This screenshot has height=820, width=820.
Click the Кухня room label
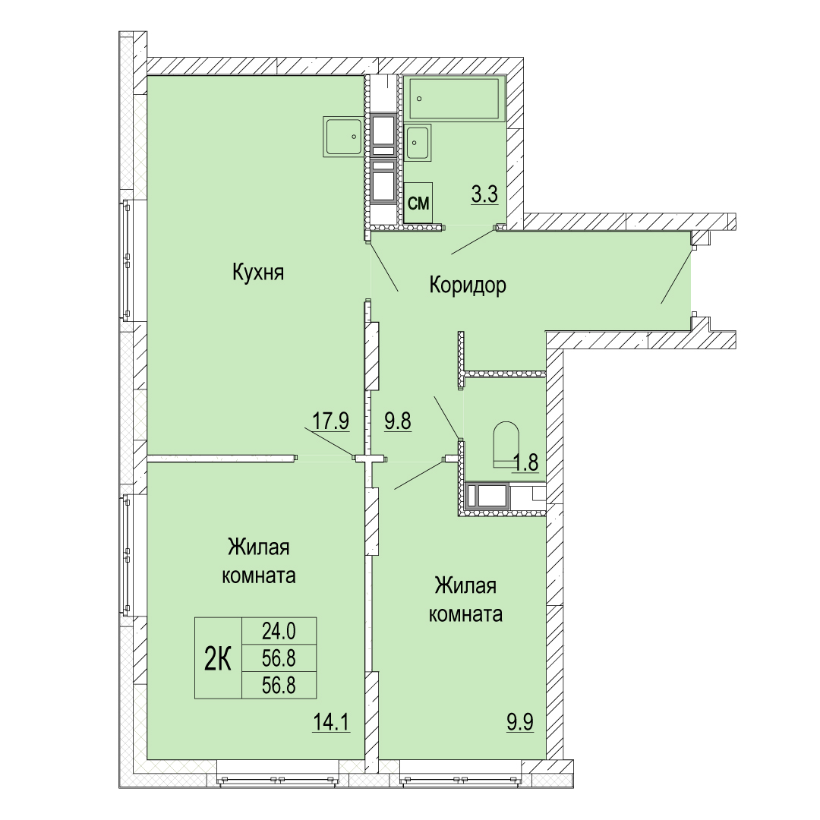coord(258,273)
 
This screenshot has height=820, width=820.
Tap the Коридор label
coord(468,285)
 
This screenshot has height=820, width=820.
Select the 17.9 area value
coord(330,421)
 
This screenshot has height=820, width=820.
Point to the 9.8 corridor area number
coord(398,421)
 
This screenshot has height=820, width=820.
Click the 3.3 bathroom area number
coord(484,194)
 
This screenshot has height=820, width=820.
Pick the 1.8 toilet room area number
coord(525,462)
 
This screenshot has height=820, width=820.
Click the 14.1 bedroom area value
coord(331,722)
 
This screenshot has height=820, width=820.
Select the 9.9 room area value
coord(520,722)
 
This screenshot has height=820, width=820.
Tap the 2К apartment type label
coord(218,658)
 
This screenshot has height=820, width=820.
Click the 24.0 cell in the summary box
coord(279,632)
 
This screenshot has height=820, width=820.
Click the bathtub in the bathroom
coord(454,99)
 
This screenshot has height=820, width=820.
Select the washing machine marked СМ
coord(418,203)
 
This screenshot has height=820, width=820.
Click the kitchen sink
coord(343,137)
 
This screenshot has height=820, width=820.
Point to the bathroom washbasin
coord(418,142)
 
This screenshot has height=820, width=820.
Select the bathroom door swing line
coord(474,241)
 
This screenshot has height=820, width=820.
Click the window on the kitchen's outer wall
coord(126,260)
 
